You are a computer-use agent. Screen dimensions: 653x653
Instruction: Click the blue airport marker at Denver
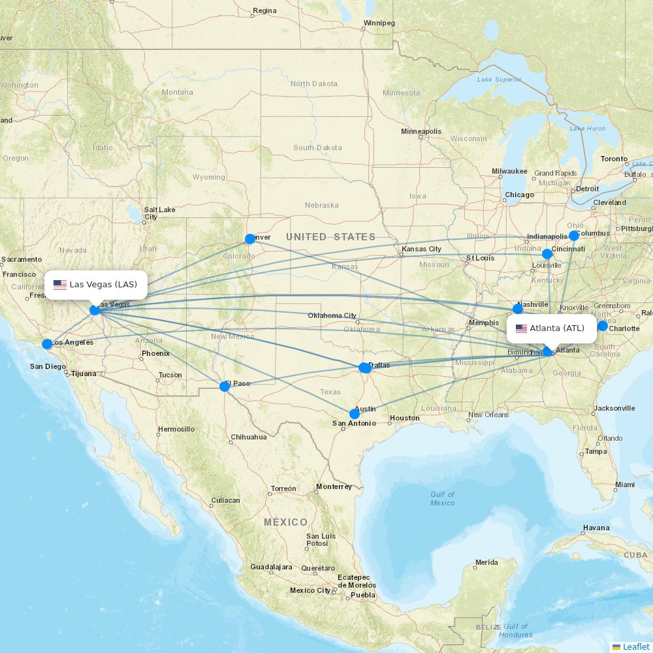(x=249, y=239)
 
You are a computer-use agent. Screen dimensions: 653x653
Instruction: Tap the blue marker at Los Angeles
(x=47, y=344)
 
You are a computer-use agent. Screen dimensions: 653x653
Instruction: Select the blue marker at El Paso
(x=225, y=387)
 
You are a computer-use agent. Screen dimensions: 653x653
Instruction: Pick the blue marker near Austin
(x=355, y=414)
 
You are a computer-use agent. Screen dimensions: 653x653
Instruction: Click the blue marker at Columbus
(x=574, y=236)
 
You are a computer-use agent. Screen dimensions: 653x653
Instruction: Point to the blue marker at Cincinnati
(x=547, y=254)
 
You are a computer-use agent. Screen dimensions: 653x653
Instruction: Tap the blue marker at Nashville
(x=518, y=308)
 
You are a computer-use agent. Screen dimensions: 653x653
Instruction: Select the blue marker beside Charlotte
(x=603, y=326)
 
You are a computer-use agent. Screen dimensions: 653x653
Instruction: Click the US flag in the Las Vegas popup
(x=60, y=285)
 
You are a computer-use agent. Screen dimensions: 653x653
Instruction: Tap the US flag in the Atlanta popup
(x=521, y=328)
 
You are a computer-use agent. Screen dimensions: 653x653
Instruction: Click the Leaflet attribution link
(x=635, y=646)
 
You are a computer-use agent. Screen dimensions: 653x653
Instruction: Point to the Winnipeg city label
(x=379, y=24)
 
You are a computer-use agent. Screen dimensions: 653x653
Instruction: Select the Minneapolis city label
(x=421, y=132)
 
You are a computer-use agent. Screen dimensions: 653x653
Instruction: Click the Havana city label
(x=596, y=528)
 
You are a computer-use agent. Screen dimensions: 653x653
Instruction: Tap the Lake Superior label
(x=499, y=80)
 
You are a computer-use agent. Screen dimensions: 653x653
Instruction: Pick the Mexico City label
(x=310, y=590)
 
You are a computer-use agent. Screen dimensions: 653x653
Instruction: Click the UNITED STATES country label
(x=330, y=237)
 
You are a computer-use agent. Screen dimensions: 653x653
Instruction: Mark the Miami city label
(x=624, y=485)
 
